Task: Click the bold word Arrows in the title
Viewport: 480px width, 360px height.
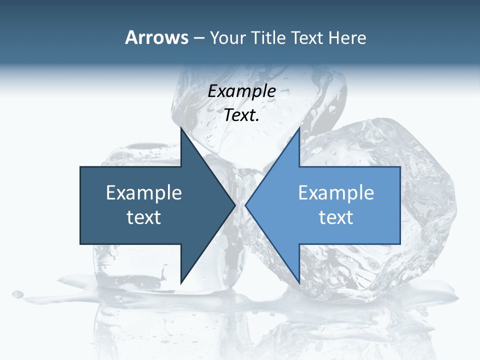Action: click(156, 37)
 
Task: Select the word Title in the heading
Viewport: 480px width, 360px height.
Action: click(272, 38)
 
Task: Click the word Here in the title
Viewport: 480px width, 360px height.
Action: click(347, 38)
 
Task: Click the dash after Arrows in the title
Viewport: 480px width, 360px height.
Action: click(198, 38)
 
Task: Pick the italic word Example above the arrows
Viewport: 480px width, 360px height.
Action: click(242, 91)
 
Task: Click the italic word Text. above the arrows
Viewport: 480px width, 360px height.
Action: click(242, 115)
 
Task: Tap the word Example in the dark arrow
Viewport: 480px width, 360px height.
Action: click(144, 193)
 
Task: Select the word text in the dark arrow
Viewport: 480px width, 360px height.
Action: click(144, 217)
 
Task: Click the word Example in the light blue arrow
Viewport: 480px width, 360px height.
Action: click(336, 193)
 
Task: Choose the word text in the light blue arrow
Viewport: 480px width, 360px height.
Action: click(336, 217)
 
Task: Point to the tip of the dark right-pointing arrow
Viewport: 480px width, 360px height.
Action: click(234, 205)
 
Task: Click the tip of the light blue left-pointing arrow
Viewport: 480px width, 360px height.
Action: click(246, 205)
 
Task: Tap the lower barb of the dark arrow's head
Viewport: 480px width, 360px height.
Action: click(181, 282)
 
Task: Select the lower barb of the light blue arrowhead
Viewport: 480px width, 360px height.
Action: click(299, 282)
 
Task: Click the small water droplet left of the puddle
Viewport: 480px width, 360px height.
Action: click(18, 293)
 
